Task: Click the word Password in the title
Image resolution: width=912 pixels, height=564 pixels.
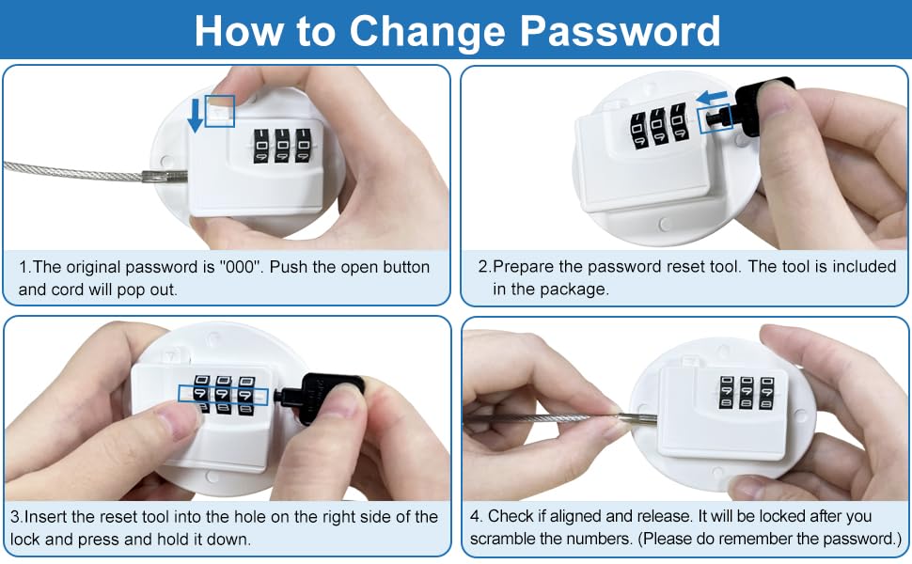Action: [620, 30]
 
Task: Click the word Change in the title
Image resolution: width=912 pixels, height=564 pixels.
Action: [428, 31]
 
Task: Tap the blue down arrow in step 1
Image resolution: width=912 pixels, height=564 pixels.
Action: [196, 115]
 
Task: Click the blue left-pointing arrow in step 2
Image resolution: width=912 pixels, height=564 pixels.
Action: [712, 96]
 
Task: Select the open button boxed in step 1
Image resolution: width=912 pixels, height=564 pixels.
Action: [220, 111]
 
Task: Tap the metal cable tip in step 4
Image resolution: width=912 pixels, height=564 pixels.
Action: [637, 417]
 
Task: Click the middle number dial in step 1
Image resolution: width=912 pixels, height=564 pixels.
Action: [282, 146]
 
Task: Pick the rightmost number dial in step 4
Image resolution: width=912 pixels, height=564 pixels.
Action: [766, 393]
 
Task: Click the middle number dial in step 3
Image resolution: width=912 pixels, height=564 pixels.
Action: [224, 394]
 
